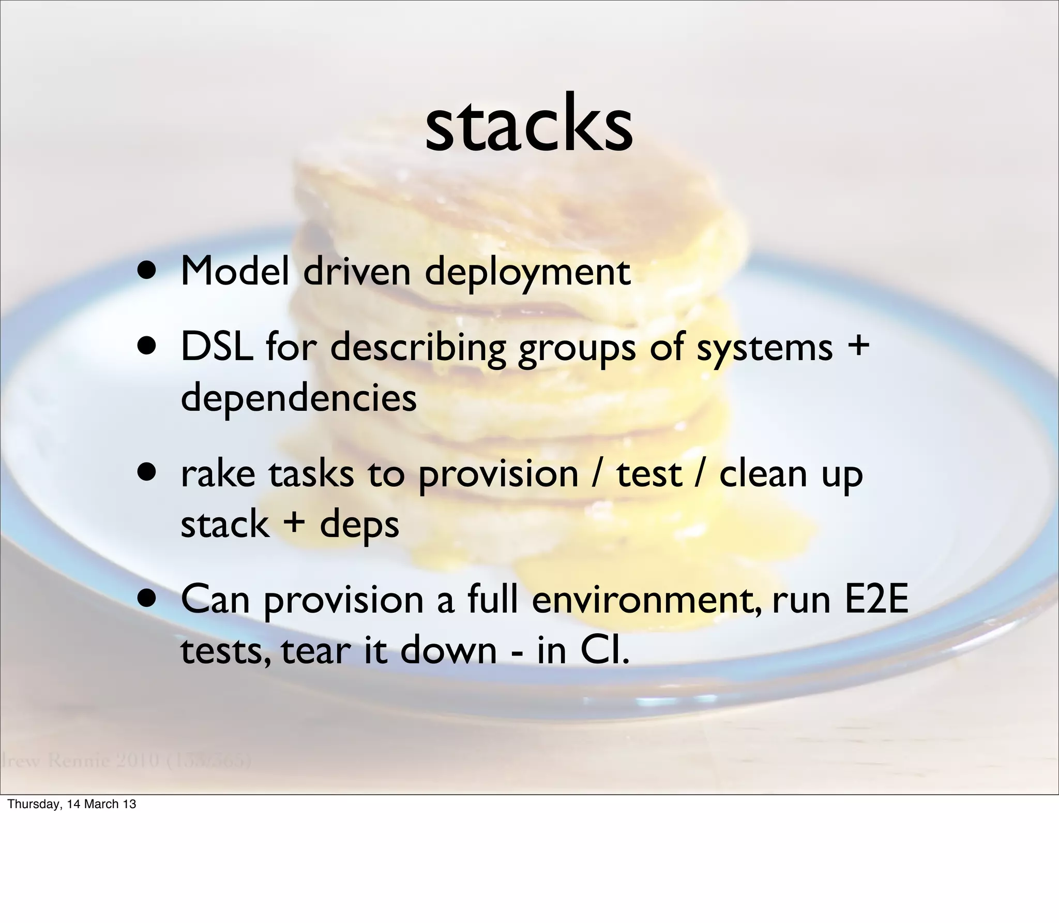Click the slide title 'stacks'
click(x=528, y=126)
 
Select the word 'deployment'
click(x=527, y=273)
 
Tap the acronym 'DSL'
click(x=217, y=347)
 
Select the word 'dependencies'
click(x=298, y=398)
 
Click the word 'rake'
click(x=218, y=473)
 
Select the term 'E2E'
click(x=876, y=600)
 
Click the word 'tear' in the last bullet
click(x=316, y=651)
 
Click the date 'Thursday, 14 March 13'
click(x=72, y=804)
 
